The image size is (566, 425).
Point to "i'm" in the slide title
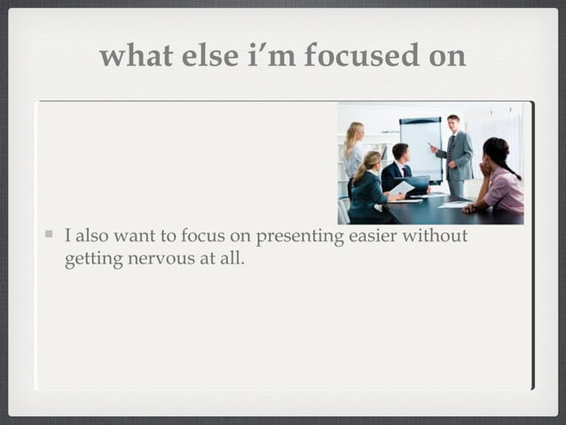click(272, 56)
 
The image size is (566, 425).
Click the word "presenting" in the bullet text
click(296, 237)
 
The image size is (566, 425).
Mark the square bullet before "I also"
click(50, 236)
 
